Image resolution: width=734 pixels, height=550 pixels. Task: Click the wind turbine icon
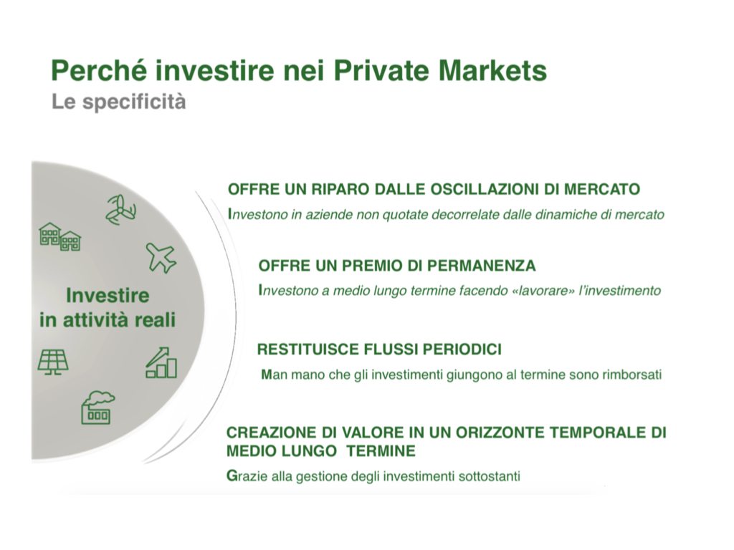coord(120,210)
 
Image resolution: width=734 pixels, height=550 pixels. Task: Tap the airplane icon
coord(161,258)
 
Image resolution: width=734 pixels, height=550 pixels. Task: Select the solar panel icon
coord(53,362)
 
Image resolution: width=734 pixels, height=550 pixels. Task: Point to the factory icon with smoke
coord(97,407)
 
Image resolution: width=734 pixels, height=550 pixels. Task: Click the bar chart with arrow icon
coord(161,362)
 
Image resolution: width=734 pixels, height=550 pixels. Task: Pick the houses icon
coord(60,236)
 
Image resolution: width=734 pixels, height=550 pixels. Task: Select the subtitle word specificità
coord(134,102)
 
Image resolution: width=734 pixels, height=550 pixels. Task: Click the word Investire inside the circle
coord(108,296)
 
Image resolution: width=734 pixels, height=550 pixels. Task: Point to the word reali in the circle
coord(155,320)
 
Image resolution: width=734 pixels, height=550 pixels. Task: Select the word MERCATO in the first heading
coord(602,189)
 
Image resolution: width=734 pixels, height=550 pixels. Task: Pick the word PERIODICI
coord(462,349)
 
